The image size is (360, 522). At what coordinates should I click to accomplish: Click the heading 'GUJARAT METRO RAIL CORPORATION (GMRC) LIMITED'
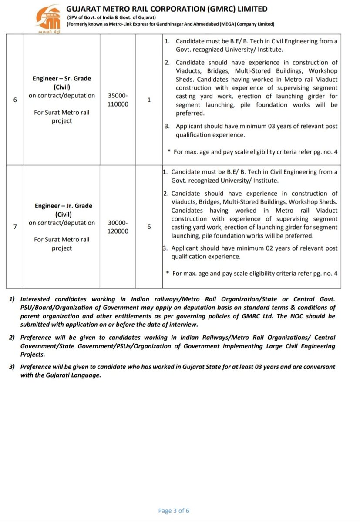167,9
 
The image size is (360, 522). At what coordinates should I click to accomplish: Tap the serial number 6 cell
15,100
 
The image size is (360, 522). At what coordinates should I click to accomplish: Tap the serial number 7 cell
15,227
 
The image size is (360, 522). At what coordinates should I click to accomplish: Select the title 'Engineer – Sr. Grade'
62,78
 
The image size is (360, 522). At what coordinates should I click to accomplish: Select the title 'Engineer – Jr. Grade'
62,206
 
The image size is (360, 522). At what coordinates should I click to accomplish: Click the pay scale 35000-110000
118,100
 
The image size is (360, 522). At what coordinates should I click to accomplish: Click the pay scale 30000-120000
118,227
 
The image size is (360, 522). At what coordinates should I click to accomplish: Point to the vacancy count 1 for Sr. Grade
149,100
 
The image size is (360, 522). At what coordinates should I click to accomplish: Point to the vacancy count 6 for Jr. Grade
149,227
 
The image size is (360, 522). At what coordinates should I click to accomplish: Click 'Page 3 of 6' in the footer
174,511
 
